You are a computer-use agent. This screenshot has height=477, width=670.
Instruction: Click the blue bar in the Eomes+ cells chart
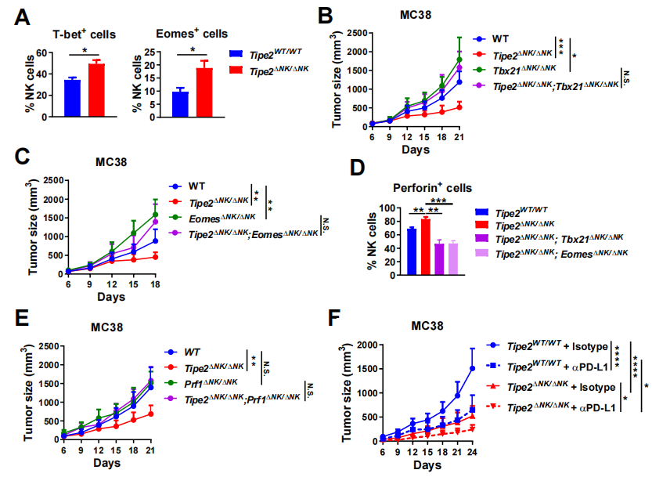coord(180,103)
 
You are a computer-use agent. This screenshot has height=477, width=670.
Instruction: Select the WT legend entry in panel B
coord(504,37)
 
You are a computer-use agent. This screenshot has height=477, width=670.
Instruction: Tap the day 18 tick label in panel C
coord(157,284)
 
